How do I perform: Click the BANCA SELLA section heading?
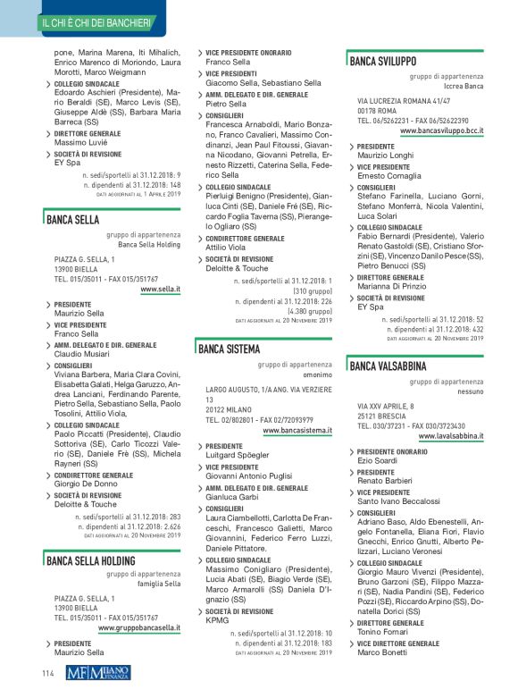coord(73,219)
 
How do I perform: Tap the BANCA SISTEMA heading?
coord(230,349)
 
